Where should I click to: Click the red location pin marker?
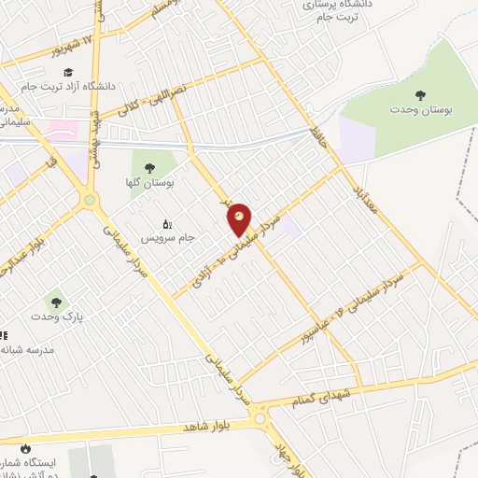point(240,219)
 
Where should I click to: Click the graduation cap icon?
point(68,72)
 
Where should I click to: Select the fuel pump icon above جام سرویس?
point(167,224)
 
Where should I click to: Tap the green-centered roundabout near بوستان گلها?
point(91,199)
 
